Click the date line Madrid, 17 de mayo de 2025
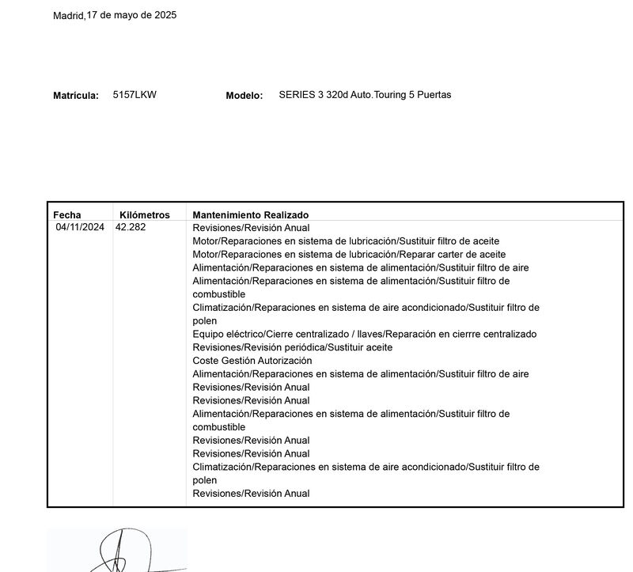[x=115, y=15]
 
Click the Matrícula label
[x=76, y=96]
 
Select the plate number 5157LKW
[x=135, y=95]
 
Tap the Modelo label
[x=244, y=96]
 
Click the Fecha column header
[x=67, y=215]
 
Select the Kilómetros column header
[x=145, y=215]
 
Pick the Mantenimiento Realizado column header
[x=251, y=215]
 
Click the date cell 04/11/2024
[x=80, y=227]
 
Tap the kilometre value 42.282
[x=131, y=227]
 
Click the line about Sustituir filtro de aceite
[x=346, y=241]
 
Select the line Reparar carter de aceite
[x=349, y=254]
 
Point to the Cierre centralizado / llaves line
[x=365, y=334]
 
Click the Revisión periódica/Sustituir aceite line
[x=293, y=347]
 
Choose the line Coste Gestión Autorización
[x=252, y=361]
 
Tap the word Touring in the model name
[x=386, y=95]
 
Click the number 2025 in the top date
[x=164, y=15]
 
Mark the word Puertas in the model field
[x=434, y=95]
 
